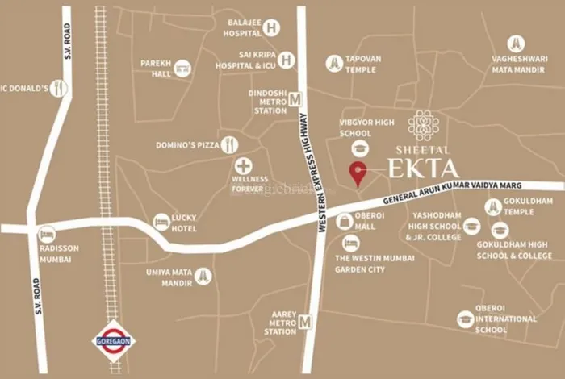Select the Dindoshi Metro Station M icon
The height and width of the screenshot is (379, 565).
click(295, 99)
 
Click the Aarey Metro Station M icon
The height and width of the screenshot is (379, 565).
click(305, 323)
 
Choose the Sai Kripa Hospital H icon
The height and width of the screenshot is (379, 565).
click(287, 59)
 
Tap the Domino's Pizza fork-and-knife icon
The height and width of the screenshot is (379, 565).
click(231, 144)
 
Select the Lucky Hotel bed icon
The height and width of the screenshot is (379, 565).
click(161, 221)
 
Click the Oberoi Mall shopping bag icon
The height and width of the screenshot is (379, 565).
click(345, 220)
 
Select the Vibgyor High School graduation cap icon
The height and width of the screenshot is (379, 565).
click(359, 147)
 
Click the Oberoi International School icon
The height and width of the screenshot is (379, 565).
click(465, 319)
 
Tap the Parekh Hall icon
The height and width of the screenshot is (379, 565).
click(182, 67)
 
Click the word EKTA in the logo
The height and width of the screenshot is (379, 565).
click(424, 169)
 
